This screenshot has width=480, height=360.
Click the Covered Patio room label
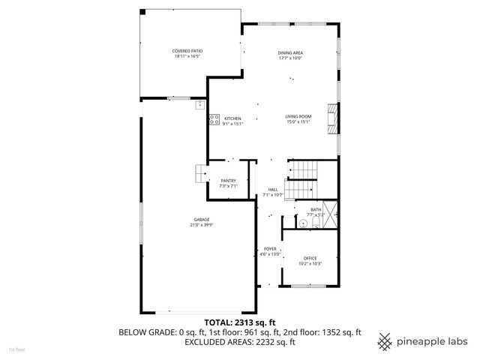[x=188, y=51]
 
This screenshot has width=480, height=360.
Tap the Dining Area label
[x=289, y=52]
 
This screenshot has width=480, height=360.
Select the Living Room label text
[x=298, y=116]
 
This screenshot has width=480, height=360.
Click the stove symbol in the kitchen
[x=214, y=118]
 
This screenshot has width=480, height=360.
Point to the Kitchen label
[x=232, y=118]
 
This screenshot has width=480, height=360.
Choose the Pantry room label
[x=228, y=181]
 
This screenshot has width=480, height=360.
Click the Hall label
[x=272, y=189]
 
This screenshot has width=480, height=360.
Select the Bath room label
[x=316, y=209]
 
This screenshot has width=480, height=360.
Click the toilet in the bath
[x=303, y=223]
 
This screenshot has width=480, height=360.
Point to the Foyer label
[x=270, y=249]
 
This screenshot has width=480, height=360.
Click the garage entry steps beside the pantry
[x=199, y=173]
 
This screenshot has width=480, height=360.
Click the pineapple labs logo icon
[x=385, y=340]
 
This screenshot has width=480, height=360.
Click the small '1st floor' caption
[x=16, y=349]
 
